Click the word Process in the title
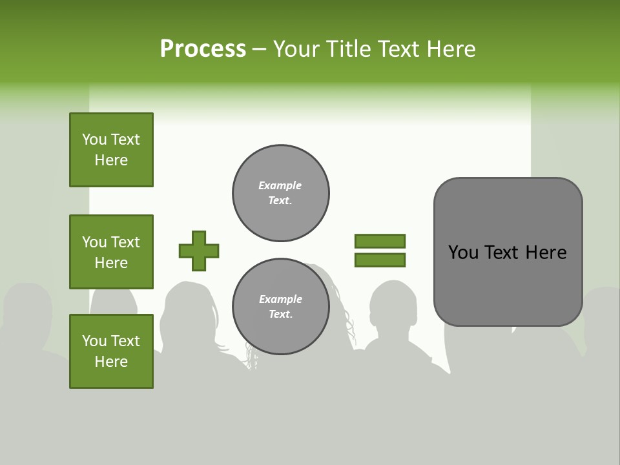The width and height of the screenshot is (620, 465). tap(203, 48)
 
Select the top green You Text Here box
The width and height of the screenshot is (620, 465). tap(111, 150)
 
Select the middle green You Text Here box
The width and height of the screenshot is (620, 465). tap(111, 252)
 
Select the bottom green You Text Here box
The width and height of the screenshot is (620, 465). tap(111, 351)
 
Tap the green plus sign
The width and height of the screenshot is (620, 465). tap(199, 251)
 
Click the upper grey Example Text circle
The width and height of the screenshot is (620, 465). tap(281, 193)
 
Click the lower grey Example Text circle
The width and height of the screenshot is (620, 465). tap(281, 307)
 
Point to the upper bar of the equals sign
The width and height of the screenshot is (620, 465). tap(380, 241)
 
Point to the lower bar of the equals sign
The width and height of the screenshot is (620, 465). tap(380, 260)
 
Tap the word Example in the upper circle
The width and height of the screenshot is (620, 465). tap(280, 185)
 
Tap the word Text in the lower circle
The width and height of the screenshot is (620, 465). tap(280, 315)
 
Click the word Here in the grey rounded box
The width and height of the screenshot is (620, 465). tap(546, 253)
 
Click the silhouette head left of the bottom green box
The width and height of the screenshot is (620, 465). tap(29, 310)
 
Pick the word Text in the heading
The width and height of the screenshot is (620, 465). tap(398, 48)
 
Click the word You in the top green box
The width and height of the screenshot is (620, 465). tap(94, 139)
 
